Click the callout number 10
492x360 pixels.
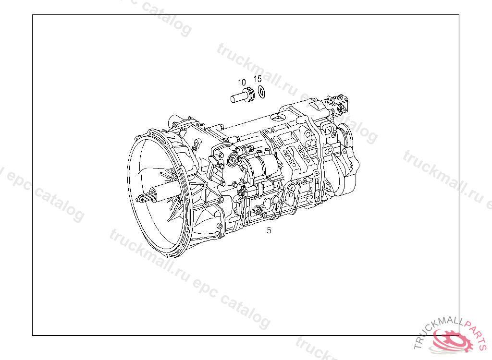pos(242,83)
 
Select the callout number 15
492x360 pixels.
pos(258,79)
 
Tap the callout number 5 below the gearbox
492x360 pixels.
pos(269,230)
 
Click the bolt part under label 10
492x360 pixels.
pos(242,95)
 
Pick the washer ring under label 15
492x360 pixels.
pos(261,92)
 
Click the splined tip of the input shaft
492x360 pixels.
pos(144,198)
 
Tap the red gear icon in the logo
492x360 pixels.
pos(452,339)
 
